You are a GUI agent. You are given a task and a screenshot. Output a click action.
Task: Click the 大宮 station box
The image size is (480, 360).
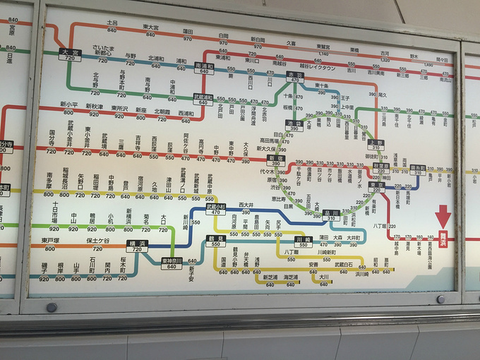70,52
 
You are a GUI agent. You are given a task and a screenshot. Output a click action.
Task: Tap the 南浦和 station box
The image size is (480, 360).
204,67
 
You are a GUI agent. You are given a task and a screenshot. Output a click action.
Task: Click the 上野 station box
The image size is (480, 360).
376,143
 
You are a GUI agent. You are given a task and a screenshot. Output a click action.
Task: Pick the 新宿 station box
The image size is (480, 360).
275,160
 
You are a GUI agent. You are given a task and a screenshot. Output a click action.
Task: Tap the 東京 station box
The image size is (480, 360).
376,186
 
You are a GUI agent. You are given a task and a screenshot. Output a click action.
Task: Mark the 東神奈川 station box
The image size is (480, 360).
172,262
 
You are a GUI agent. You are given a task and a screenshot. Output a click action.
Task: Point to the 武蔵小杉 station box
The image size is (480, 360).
215,208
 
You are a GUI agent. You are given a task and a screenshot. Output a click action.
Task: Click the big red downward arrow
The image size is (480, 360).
443,215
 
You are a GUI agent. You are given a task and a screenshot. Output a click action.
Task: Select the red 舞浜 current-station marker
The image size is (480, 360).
443,237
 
